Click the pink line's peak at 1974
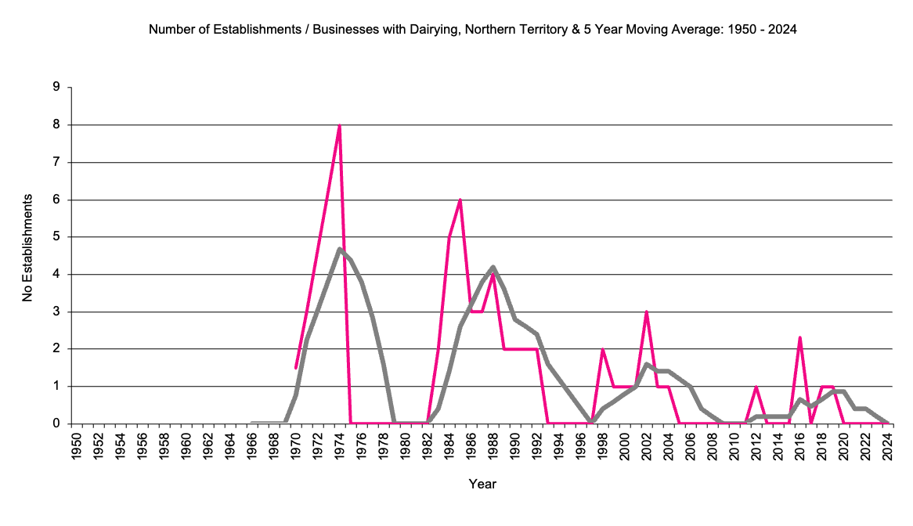[x=339, y=125]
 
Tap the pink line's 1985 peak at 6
[x=460, y=200]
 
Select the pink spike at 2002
[x=647, y=312]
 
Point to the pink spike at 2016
[x=800, y=338]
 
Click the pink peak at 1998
[x=602, y=350]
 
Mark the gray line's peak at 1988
[x=493, y=267]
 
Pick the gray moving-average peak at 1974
[x=339, y=249]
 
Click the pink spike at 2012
[x=756, y=387]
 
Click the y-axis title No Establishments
[x=27, y=248]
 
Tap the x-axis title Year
[x=482, y=484]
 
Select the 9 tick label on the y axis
[x=56, y=87]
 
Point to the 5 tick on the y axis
[x=56, y=237]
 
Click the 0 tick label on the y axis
[x=56, y=423]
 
